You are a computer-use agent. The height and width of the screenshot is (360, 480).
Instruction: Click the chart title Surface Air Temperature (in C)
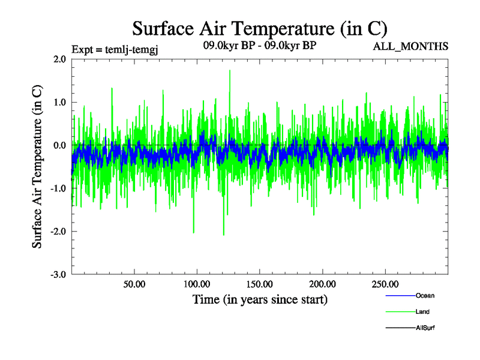[259, 28]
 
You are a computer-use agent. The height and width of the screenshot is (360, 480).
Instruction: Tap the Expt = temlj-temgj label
[114, 48]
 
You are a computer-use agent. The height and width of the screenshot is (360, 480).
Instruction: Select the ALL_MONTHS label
[410, 47]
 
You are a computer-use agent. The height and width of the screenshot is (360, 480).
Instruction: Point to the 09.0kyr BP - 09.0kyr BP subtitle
[259, 46]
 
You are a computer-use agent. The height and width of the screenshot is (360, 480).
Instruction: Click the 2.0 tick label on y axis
[59, 59]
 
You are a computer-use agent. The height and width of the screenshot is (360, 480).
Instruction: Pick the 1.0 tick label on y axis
[59, 103]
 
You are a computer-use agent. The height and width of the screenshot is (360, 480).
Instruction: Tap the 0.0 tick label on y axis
[59, 146]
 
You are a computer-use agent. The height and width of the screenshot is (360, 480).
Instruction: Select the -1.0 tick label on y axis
[58, 188]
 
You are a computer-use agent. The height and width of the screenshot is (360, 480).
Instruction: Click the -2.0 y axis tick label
[58, 232]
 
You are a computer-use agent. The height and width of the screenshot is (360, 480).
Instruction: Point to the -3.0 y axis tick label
[58, 275]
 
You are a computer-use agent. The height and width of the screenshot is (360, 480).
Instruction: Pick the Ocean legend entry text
[425, 296]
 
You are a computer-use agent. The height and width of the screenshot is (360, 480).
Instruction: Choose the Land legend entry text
[422, 312]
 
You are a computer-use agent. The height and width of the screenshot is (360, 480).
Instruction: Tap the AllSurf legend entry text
[425, 328]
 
